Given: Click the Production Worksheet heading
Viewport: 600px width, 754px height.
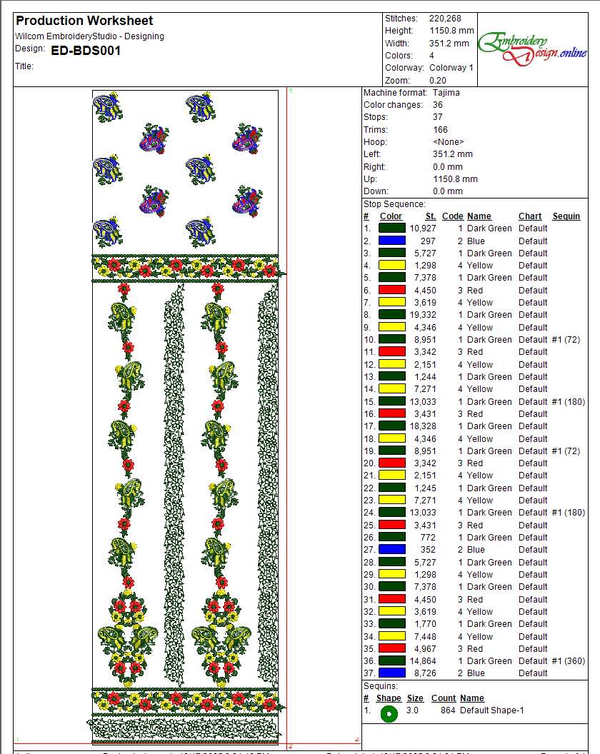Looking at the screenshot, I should click(84, 21).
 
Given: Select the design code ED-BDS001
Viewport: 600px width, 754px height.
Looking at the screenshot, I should click(86, 50).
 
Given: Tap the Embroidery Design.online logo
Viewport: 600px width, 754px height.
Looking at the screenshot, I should click(533, 48).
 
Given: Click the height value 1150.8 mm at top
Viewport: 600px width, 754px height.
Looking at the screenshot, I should click(451, 31).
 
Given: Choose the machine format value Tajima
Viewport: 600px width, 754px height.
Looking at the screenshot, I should click(446, 92).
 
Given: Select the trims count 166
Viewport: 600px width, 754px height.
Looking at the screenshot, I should click(441, 129).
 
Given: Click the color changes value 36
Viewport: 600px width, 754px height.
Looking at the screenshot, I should click(438, 105).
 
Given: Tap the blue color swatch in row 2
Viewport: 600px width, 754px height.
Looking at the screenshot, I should click(391, 241).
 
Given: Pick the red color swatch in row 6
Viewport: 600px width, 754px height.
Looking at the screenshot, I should click(391, 290).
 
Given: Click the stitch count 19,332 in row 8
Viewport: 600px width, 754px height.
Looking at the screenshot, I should click(421, 315).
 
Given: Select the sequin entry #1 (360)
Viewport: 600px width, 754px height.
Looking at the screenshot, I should click(569, 661).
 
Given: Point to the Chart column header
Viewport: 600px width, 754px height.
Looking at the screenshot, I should click(530, 216).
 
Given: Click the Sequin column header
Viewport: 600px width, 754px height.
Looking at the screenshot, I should click(566, 216).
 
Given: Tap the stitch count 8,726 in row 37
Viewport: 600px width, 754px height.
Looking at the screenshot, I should click(424, 673).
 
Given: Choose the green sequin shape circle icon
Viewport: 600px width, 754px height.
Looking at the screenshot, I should click(389, 713).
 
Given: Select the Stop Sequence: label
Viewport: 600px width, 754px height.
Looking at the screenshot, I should click(394, 204).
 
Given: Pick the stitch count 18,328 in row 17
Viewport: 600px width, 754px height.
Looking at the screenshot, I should click(421, 426).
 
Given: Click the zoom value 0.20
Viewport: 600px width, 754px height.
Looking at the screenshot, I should click(438, 81).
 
